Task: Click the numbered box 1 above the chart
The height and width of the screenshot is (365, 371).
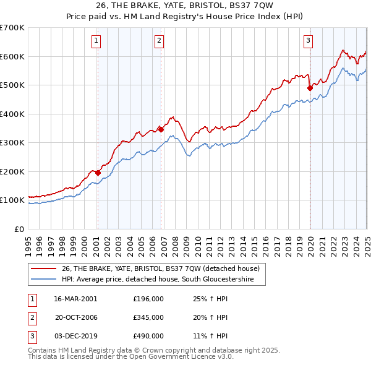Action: pos(97,41)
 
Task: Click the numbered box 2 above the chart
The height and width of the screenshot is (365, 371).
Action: pos(160,41)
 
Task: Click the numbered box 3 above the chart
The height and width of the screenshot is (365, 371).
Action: pos(308,41)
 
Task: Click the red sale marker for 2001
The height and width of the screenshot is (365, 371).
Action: pos(97,173)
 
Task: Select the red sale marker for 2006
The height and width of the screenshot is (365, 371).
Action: pos(160,129)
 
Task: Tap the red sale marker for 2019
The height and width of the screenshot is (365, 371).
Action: pos(310,88)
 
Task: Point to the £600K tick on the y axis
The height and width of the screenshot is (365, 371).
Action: pos(12,56)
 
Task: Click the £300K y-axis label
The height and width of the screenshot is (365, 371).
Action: pos(12,143)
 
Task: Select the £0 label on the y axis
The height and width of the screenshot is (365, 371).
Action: pos(20,229)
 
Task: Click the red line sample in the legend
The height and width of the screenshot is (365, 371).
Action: pos(43,268)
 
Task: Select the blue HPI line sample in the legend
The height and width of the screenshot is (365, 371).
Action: pos(43,280)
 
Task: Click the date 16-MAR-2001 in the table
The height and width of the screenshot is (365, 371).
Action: pos(75,299)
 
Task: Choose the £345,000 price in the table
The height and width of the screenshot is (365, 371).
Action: pos(148,317)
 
